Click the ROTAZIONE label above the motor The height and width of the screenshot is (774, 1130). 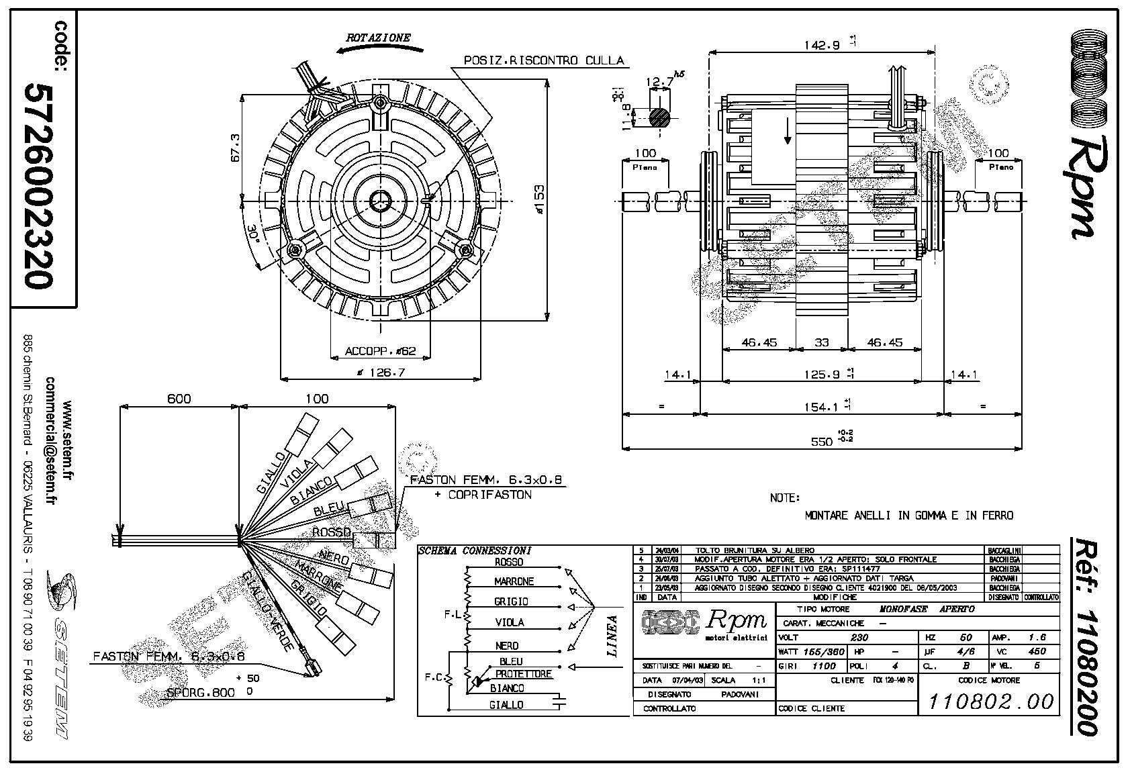coord(378,38)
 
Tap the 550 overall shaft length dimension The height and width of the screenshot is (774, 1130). coord(822,441)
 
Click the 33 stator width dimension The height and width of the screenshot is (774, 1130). coord(822,342)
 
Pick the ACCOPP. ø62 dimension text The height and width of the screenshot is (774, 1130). coord(381,351)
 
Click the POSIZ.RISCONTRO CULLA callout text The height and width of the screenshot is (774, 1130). coord(545,60)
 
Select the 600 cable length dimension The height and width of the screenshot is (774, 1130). coord(179,398)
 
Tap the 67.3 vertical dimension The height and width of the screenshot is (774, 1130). coord(234,148)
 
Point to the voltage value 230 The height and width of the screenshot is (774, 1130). coord(859,637)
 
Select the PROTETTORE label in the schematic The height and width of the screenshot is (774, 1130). coord(523,673)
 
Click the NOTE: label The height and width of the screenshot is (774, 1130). coord(785,498)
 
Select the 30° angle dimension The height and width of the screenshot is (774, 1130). coord(253,236)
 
